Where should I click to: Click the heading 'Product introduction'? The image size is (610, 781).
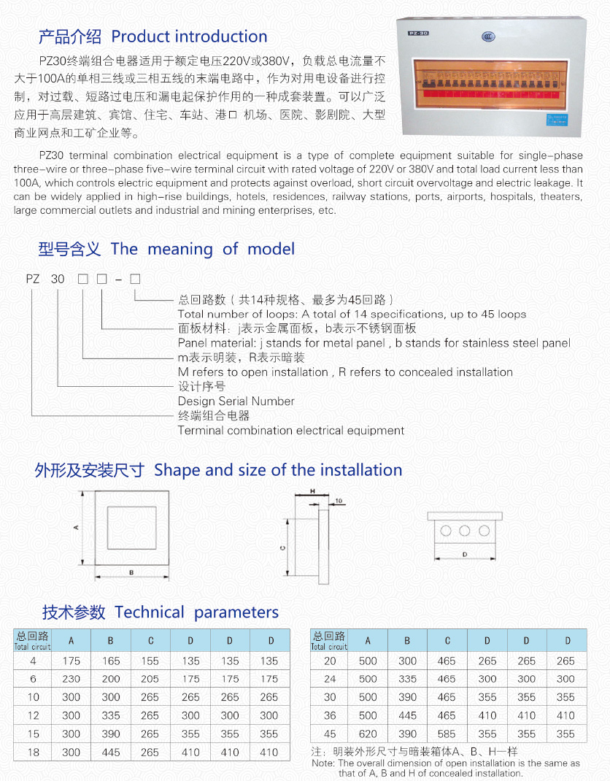click(x=189, y=36)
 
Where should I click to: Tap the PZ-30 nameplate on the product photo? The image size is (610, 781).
click(x=420, y=34)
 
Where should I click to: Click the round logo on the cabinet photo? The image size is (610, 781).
click(x=488, y=37)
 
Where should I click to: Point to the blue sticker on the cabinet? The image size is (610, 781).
click(x=560, y=121)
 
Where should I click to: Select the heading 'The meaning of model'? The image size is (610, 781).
click(x=202, y=249)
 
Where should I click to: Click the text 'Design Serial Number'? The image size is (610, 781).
click(x=236, y=401)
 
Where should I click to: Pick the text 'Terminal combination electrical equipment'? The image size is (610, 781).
click(x=290, y=430)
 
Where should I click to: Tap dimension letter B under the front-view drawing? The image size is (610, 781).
click(x=131, y=572)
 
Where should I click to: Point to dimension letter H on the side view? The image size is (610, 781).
click(x=312, y=492)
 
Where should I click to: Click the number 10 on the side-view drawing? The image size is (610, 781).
click(x=340, y=501)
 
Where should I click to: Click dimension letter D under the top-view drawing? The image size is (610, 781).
click(x=465, y=555)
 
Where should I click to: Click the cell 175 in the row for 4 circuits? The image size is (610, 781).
click(x=72, y=661)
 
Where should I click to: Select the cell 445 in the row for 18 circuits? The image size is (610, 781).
click(x=111, y=752)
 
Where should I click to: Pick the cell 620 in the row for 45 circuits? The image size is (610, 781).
click(x=368, y=734)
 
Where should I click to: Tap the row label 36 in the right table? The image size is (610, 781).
click(x=330, y=715)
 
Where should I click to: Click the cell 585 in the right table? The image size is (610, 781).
click(x=447, y=734)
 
